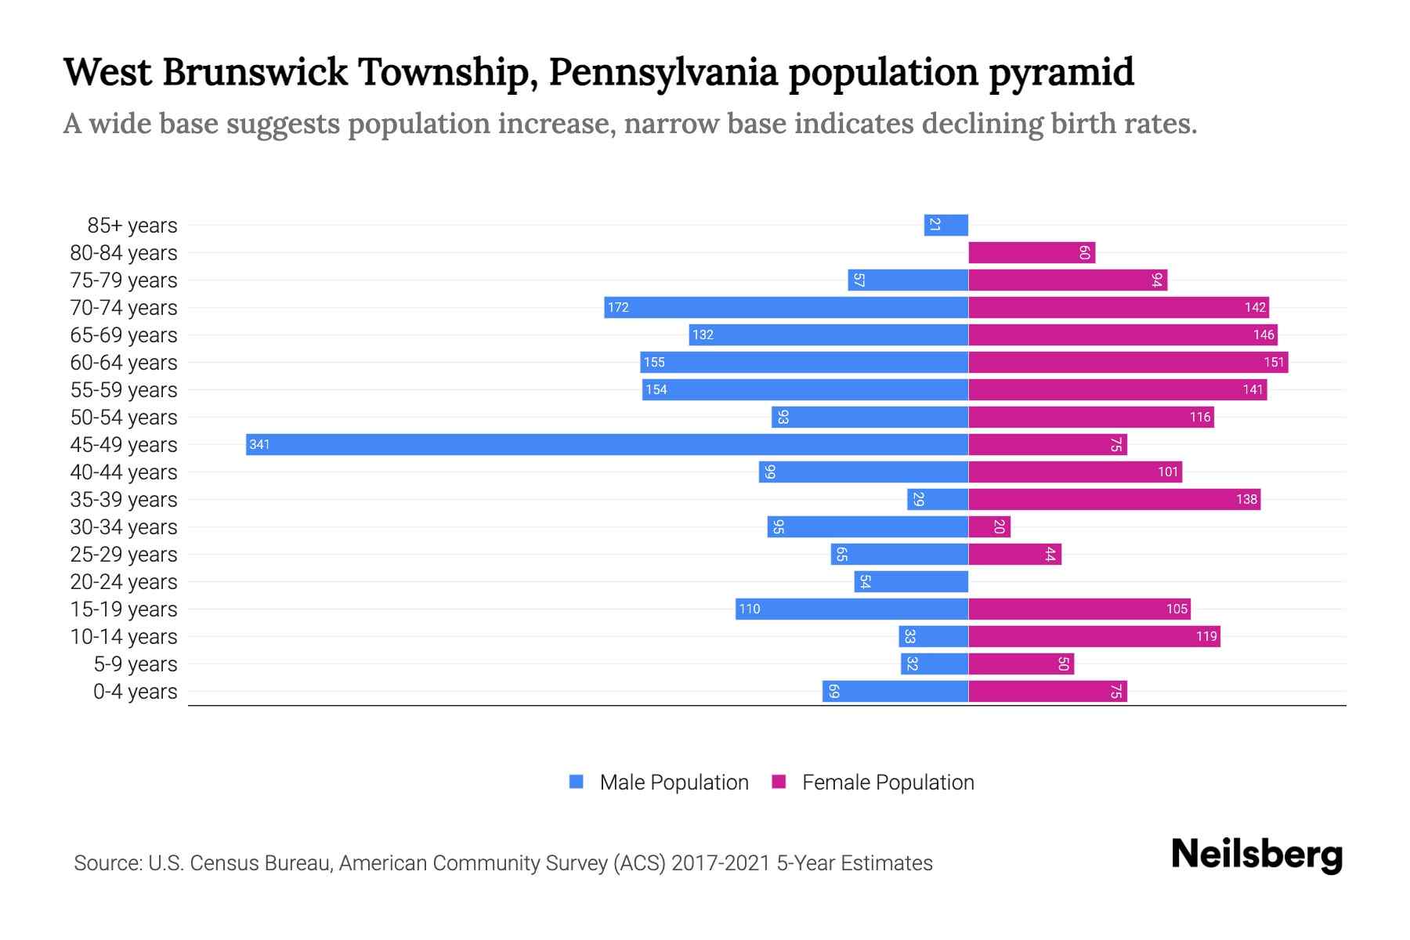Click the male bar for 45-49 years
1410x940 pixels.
tap(607, 444)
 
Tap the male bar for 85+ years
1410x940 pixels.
tap(946, 225)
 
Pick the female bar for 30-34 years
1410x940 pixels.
tap(989, 526)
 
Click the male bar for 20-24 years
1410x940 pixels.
tap(911, 581)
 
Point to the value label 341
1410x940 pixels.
tap(259, 444)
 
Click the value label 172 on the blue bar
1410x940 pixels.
tap(618, 307)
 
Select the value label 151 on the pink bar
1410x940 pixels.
tap(1274, 362)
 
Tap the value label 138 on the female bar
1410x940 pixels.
tap(1246, 499)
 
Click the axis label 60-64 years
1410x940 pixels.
tap(124, 363)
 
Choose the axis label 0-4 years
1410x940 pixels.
tap(135, 692)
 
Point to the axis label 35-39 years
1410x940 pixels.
tap(124, 500)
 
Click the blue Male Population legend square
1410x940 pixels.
tap(577, 782)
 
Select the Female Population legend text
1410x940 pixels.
tap(888, 782)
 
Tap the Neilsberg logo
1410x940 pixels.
tap(1256, 854)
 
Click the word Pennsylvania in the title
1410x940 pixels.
tap(663, 73)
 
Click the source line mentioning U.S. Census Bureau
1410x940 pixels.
tap(503, 863)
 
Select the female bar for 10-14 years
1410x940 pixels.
tap(1094, 636)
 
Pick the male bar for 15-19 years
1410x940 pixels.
tap(851, 609)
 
